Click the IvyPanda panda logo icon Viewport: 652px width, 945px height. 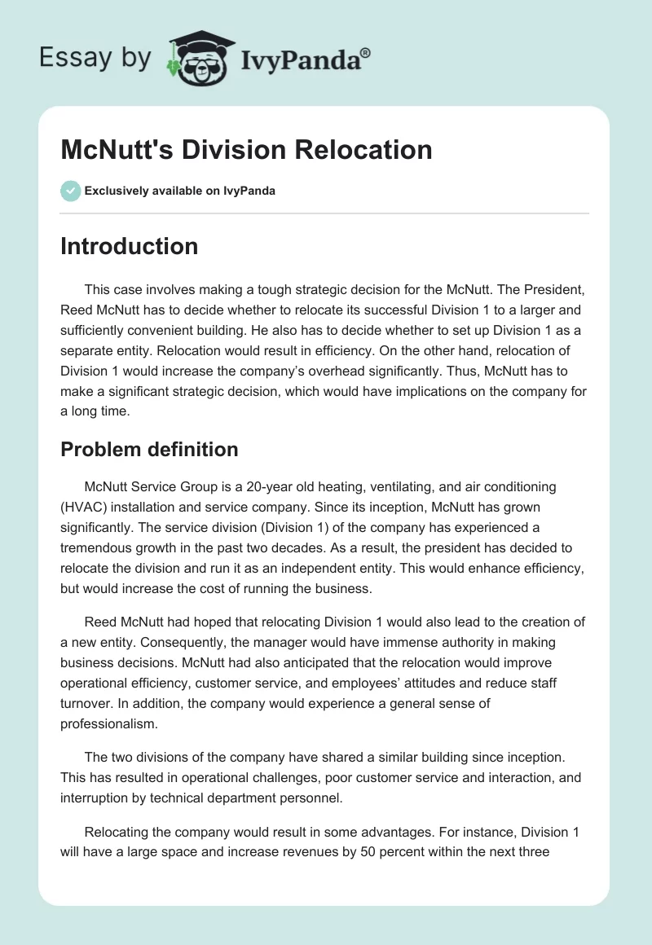tap(196, 59)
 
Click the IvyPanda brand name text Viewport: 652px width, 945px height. tap(306, 59)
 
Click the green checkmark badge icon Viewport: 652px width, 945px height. tap(70, 191)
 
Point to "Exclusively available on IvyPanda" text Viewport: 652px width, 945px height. tap(180, 191)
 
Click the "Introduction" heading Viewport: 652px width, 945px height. tap(129, 246)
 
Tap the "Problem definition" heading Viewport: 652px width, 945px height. tap(148, 449)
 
